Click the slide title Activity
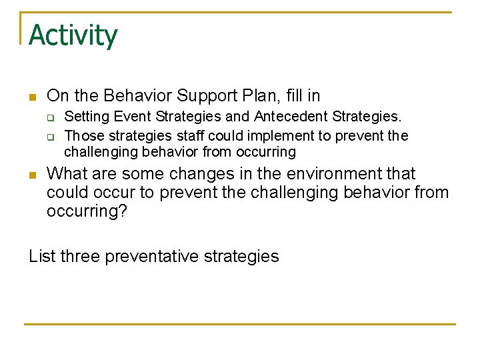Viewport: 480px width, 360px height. (x=73, y=35)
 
